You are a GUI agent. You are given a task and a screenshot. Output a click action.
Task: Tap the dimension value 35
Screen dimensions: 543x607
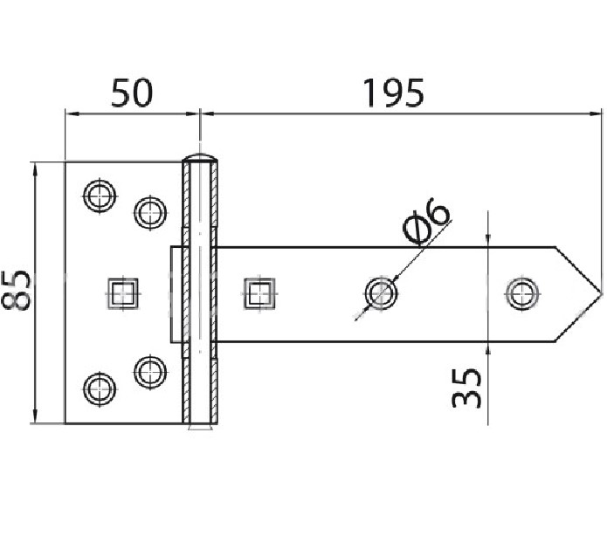467,387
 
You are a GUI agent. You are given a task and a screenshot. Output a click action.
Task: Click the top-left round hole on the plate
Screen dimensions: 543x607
99,195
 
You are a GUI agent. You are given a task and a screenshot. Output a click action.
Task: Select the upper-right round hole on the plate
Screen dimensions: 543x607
150,210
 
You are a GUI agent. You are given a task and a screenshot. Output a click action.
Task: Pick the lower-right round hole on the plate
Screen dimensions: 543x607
150,371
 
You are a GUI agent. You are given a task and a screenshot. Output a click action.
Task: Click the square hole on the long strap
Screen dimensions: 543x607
259,292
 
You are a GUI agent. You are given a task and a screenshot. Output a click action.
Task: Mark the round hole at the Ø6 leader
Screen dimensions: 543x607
379,292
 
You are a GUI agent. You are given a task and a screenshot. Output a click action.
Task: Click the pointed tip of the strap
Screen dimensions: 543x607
600,292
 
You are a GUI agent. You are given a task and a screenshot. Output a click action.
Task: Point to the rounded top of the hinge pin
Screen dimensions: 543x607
200,156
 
